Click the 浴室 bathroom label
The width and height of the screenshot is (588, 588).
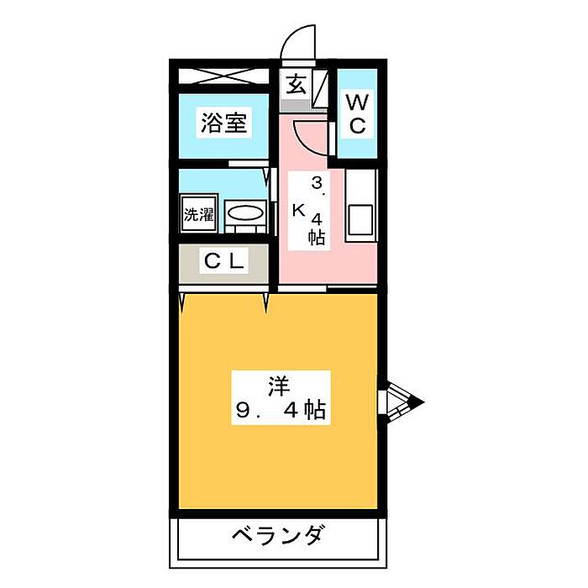223,124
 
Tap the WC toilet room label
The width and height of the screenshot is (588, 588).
357,114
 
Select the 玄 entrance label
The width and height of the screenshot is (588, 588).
296,85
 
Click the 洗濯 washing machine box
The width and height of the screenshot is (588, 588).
199,213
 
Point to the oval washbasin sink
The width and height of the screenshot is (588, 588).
246,214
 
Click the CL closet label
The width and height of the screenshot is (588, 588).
224,261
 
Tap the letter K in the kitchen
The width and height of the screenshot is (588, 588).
297,211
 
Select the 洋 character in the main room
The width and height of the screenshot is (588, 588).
279,386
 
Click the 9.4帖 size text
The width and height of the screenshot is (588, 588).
281,412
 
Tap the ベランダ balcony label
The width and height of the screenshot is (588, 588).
278,534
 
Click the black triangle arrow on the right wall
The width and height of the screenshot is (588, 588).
416,403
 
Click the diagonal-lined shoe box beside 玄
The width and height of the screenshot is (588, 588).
320,87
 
